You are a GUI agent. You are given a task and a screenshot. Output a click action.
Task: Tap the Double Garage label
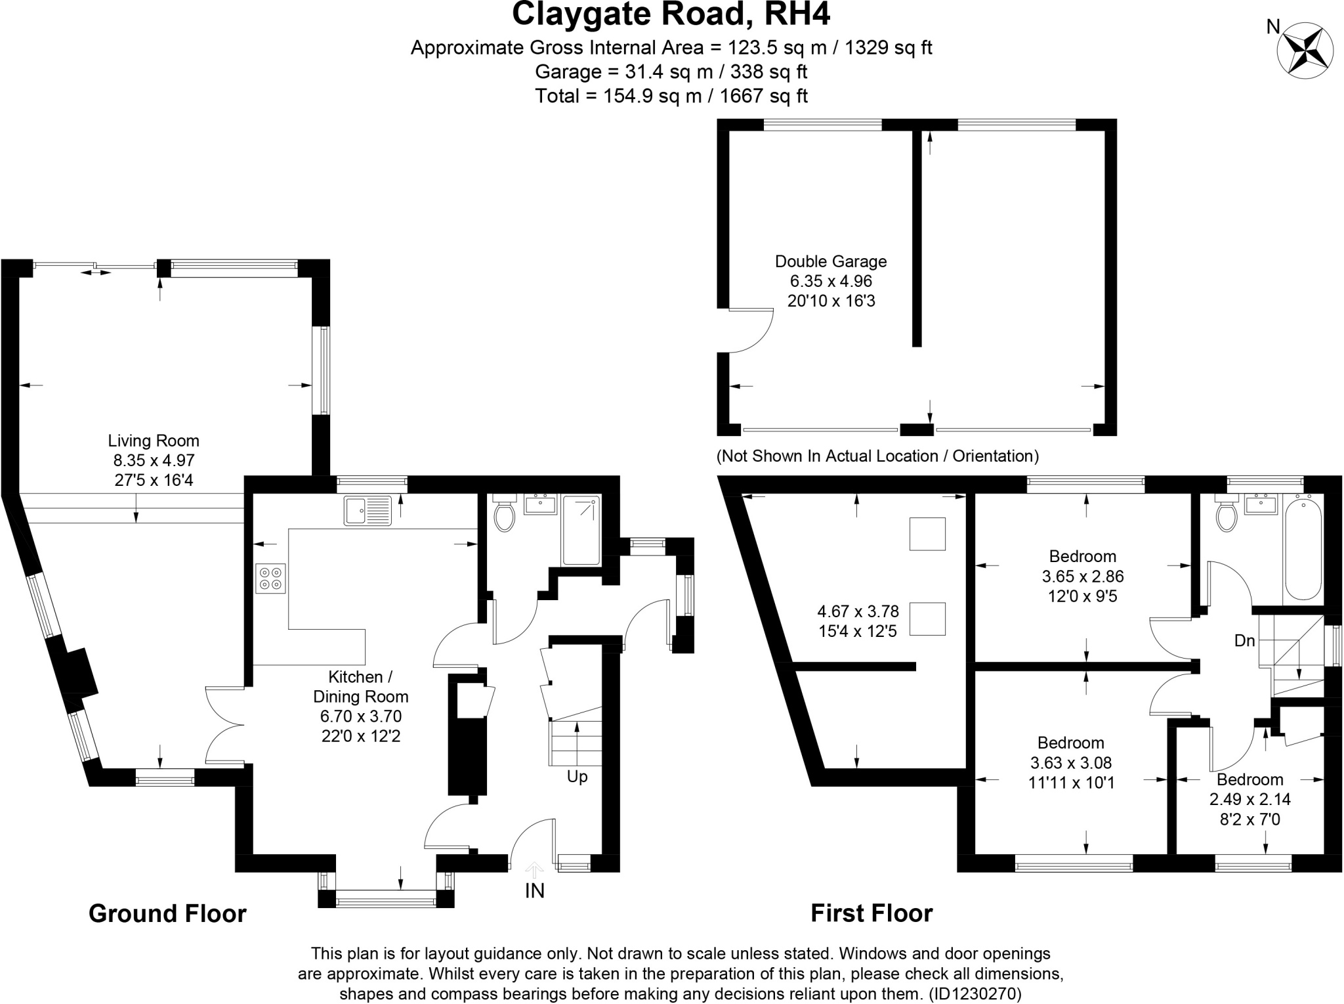tap(830, 261)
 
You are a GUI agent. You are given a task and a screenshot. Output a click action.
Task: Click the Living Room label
tap(154, 441)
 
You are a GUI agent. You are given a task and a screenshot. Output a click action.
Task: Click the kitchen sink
tap(367, 511)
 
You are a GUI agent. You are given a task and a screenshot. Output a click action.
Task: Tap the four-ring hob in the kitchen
tap(271, 578)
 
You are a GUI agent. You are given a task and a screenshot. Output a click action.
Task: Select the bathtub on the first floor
tap(1303, 549)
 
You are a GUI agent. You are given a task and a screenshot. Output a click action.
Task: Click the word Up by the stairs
tap(577, 777)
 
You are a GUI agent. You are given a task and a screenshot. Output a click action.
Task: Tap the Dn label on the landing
tap(1244, 640)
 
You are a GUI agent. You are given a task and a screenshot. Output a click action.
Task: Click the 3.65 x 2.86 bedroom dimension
tap(1083, 577)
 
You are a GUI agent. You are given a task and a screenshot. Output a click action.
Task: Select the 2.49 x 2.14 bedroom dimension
tap(1249, 799)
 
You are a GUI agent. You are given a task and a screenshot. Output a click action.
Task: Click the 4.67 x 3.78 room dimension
tap(858, 611)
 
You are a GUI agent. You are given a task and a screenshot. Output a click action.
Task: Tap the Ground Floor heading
tap(167, 913)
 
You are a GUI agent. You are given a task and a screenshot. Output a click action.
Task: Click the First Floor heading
tap(871, 913)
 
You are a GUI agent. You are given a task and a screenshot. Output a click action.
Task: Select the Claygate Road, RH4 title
tap(671, 14)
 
